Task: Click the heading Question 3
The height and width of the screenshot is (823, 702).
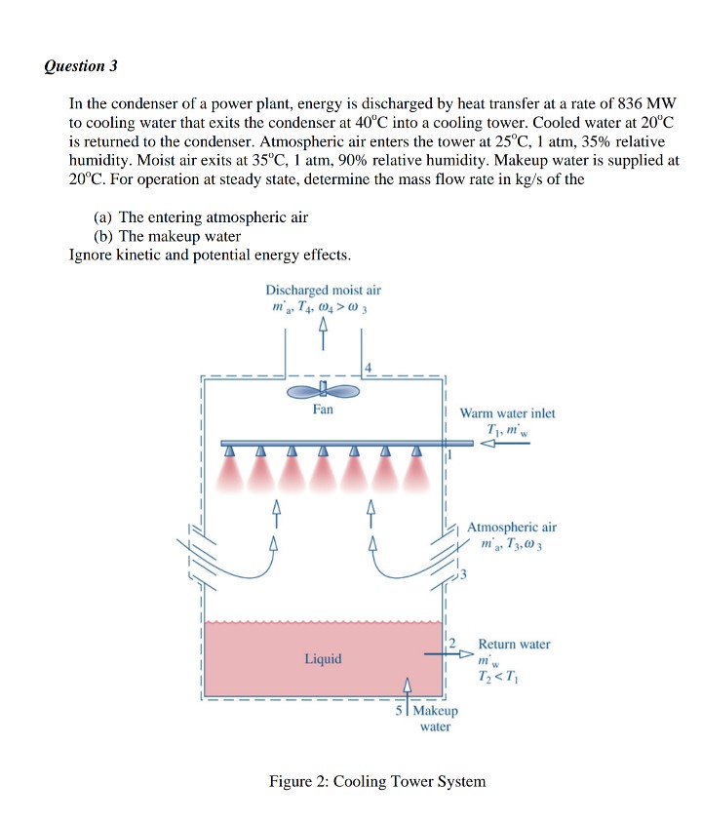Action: (x=81, y=66)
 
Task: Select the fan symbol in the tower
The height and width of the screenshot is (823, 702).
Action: (x=323, y=390)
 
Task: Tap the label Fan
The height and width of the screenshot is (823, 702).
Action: (x=323, y=410)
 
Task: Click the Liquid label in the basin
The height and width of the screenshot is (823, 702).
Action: (x=323, y=659)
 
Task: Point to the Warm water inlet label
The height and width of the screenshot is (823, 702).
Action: (x=507, y=413)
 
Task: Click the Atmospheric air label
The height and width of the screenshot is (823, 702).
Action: (x=512, y=528)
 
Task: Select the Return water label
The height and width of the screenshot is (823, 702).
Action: (x=514, y=645)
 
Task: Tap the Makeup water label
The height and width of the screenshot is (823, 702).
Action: (x=434, y=720)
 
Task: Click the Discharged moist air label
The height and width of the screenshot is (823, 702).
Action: (x=323, y=291)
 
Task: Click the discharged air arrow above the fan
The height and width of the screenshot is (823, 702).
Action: (x=323, y=335)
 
